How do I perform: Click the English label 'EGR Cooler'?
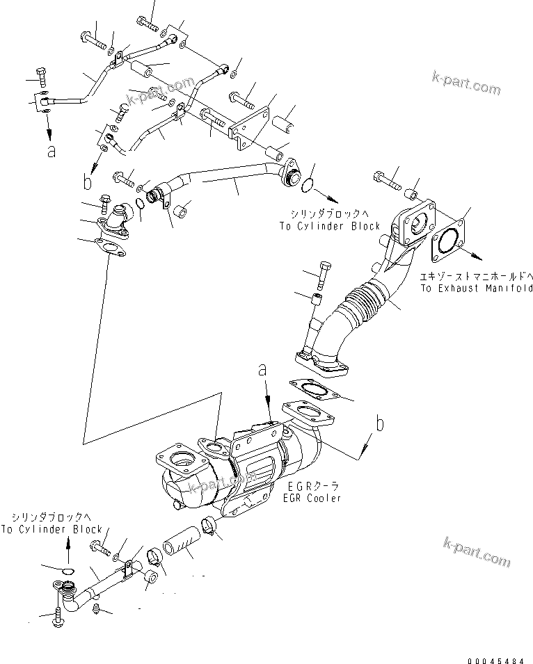312,499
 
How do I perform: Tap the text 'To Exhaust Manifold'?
475,287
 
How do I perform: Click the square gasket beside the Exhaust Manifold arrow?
451,243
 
